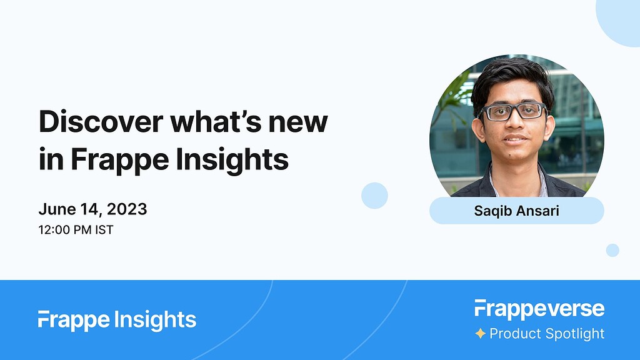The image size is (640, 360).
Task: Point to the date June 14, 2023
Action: [92, 209]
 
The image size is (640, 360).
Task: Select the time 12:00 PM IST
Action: [76, 229]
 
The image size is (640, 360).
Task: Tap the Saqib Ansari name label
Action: [516, 211]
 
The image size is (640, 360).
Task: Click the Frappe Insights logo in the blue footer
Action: [117, 320]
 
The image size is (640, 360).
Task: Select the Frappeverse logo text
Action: [539, 309]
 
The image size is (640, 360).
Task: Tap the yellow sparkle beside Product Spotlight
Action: [480, 334]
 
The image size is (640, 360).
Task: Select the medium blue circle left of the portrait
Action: [374, 196]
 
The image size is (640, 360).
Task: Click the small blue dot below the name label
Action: [612, 250]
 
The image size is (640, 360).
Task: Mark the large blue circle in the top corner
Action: [620, 19]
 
